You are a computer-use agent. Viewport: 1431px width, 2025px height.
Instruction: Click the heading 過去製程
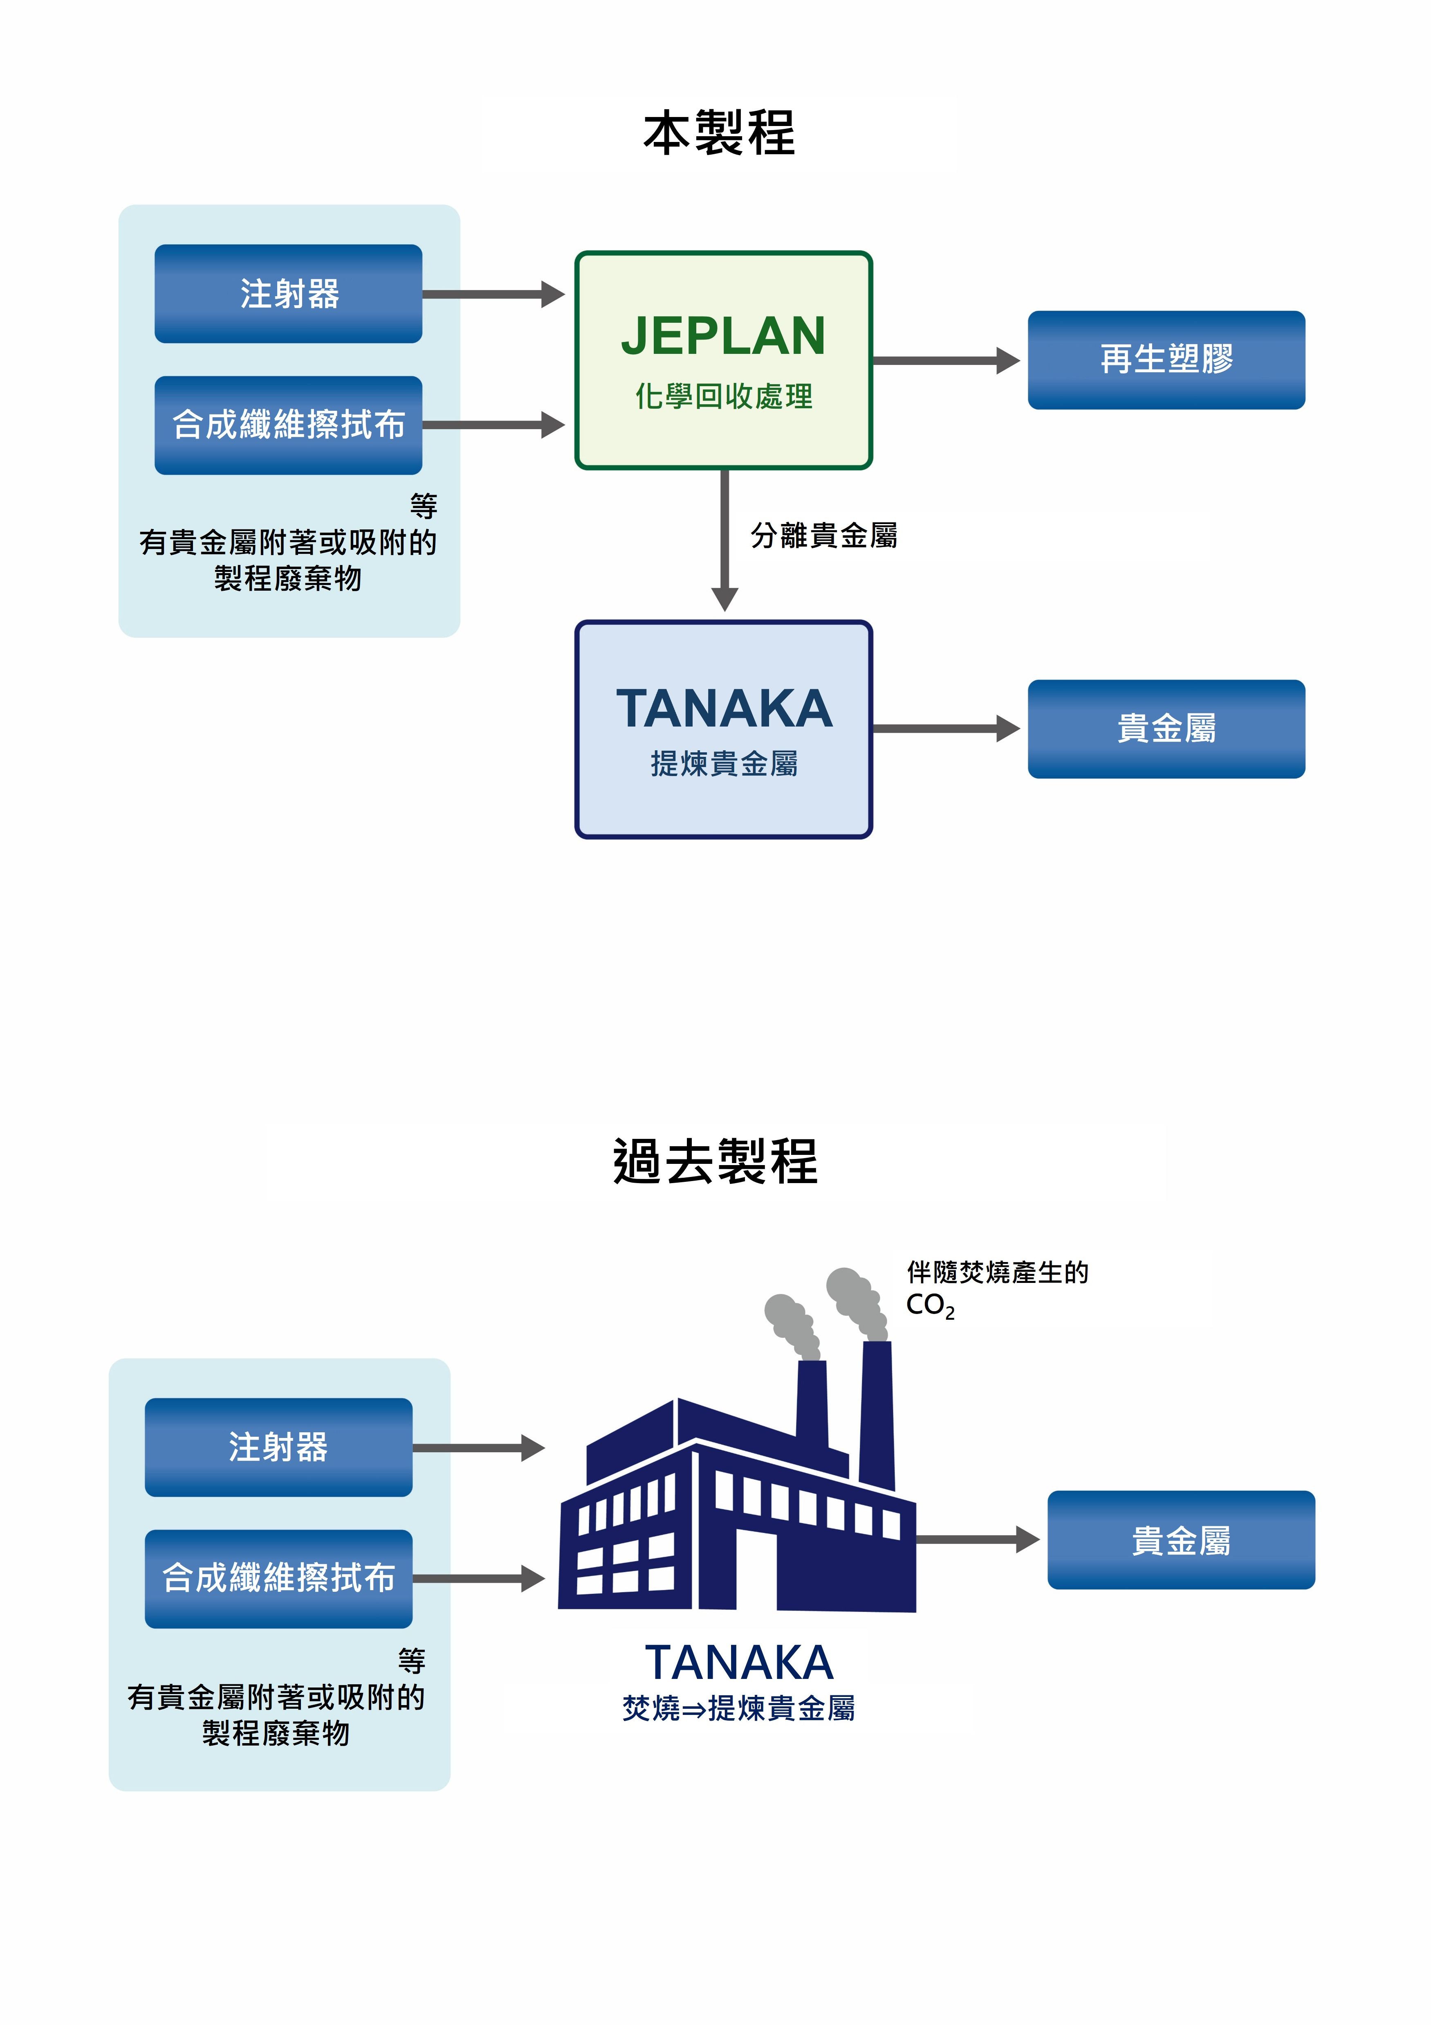point(715,1161)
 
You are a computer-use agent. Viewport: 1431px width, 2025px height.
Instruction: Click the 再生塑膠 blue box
point(1166,360)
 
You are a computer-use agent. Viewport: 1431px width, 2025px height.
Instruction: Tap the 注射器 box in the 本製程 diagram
point(288,294)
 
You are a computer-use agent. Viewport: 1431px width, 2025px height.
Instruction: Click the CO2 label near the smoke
point(929,1305)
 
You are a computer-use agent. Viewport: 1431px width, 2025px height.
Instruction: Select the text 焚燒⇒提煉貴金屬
point(738,1708)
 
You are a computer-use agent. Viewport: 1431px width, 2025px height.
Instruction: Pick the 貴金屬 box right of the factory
point(1181,1540)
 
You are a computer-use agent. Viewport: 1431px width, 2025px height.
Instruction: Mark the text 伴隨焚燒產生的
point(997,1272)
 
